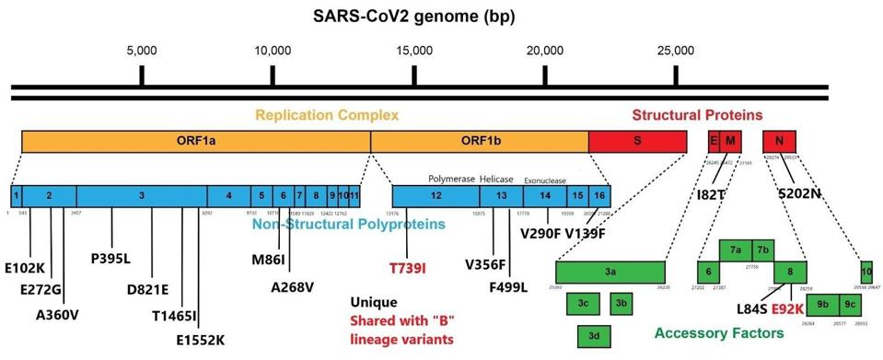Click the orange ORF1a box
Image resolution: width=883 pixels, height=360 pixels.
click(195, 141)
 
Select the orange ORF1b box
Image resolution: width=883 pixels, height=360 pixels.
click(479, 141)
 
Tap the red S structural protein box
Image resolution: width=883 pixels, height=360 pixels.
click(637, 141)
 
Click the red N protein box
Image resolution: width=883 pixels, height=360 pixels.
click(779, 141)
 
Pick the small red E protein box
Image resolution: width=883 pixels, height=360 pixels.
click(713, 141)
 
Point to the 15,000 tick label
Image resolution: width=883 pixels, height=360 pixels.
click(413, 50)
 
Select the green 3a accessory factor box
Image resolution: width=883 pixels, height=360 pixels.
click(610, 273)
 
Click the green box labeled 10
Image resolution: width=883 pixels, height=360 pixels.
click(866, 273)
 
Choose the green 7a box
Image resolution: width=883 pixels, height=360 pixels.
click(736, 250)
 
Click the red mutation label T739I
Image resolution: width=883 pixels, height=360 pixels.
click(407, 267)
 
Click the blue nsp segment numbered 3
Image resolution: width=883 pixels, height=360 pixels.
click(141, 195)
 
